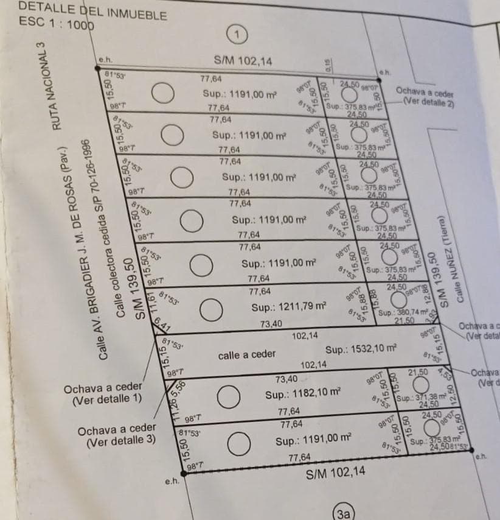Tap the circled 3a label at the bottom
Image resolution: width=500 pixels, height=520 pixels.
tap(344, 513)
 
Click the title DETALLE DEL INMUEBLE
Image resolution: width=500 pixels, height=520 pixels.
tap(93, 10)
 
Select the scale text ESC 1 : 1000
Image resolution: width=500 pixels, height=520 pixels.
tap(57, 23)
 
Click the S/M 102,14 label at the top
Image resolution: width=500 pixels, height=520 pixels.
tap(243, 61)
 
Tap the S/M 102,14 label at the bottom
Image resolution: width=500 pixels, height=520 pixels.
tap(336, 471)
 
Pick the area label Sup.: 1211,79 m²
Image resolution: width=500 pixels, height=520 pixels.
tap(289, 307)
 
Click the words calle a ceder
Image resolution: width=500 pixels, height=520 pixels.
tap(247, 354)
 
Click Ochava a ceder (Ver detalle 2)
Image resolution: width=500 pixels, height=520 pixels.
tap(425, 97)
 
